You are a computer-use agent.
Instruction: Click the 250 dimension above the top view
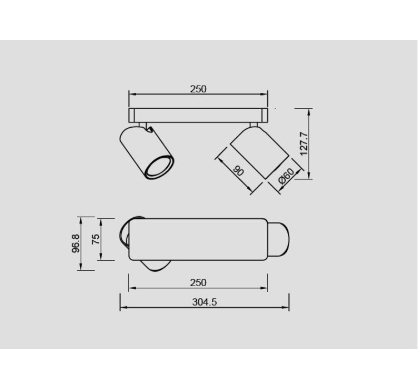198,89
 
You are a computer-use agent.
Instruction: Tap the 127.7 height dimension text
304,144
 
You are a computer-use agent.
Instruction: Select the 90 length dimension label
238,171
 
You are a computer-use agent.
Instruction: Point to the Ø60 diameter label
286,176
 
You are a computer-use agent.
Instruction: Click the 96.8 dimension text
76,243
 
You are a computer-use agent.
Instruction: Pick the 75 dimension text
96,239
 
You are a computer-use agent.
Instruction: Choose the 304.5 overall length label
205,302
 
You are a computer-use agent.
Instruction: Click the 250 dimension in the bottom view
198,282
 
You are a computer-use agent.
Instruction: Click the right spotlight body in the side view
260,152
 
